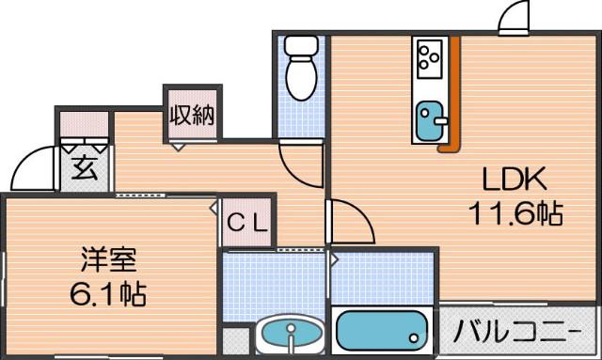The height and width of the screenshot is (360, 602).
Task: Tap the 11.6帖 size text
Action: tap(515, 214)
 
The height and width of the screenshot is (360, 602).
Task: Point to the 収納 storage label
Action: tap(192, 116)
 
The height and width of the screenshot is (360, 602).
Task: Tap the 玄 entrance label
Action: tap(85, 169)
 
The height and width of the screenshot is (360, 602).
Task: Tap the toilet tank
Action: tap(303, 46)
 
